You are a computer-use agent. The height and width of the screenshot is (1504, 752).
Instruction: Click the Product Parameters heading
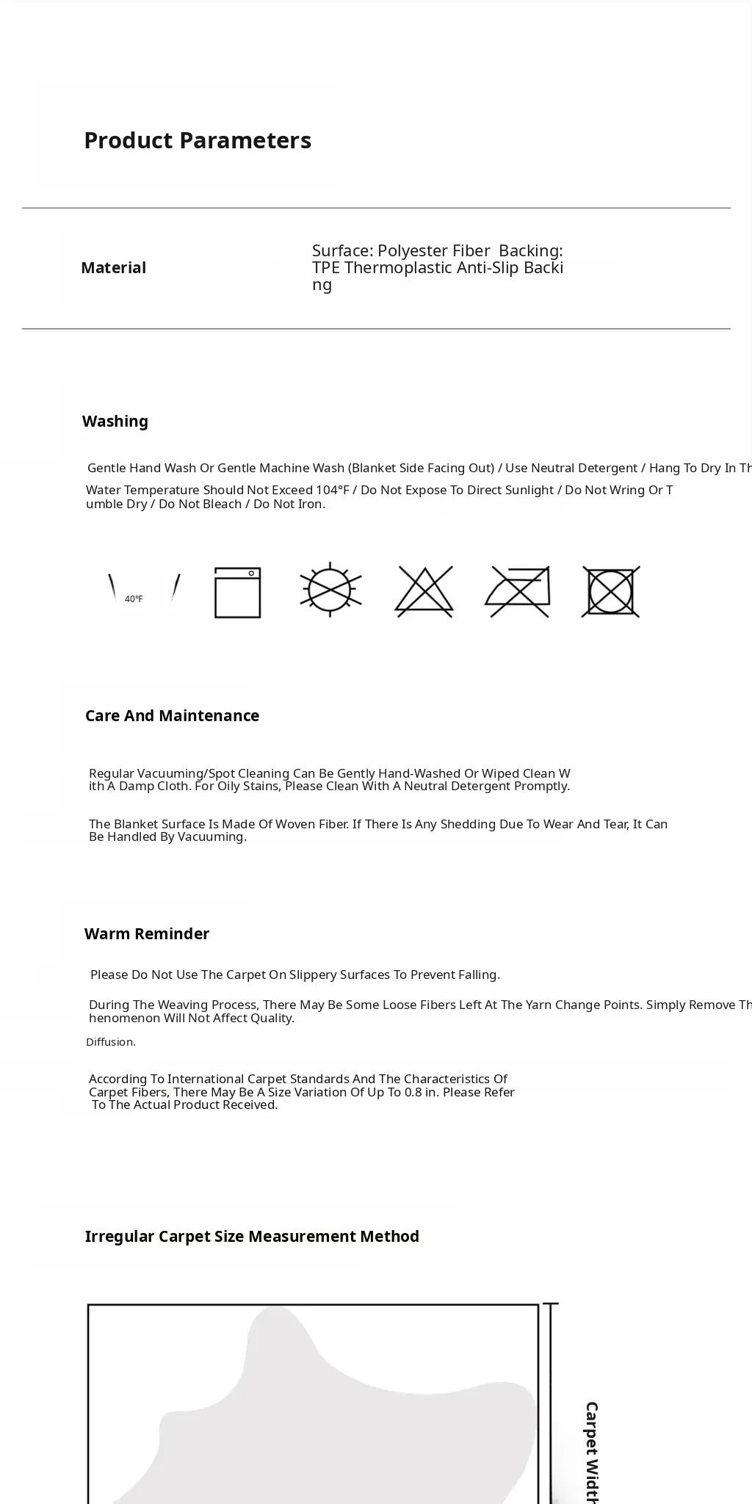198,140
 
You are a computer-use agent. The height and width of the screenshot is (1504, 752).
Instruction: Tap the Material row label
113,268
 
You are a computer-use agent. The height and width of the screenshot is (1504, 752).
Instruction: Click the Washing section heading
115,422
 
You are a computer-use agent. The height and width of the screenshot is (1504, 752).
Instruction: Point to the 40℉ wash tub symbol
144,591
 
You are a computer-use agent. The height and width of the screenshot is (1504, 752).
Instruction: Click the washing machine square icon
237,592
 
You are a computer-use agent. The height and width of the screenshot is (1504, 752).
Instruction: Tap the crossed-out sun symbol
330,590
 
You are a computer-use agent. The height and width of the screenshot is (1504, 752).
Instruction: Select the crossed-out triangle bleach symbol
424,590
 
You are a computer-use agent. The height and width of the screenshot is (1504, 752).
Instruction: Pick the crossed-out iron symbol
518,591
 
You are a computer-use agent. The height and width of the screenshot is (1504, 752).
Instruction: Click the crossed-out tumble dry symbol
610,591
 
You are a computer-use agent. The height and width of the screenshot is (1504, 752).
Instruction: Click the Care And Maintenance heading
172,716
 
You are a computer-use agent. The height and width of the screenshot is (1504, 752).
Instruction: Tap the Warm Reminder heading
147,934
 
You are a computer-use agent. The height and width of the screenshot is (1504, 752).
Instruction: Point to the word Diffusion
111,1042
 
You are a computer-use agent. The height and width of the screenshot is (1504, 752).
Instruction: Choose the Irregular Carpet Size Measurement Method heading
252,1237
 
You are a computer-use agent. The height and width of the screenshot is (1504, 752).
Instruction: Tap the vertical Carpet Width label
592,1450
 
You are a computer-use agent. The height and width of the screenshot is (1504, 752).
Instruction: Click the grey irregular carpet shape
330,1432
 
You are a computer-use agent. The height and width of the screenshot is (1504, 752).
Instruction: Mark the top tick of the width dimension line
551,1304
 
